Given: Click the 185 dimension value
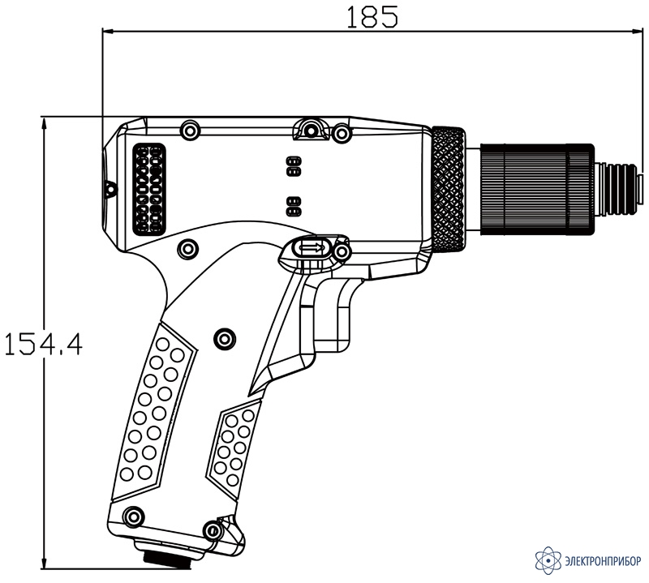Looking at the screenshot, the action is [372, 16].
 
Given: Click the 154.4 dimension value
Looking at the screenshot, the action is [43, 345].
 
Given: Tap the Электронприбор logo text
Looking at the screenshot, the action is [603, 560].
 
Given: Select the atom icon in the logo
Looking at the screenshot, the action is [548, 560].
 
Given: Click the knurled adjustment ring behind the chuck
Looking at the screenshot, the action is [448, 189].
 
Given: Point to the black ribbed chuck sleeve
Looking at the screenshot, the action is [537, 190].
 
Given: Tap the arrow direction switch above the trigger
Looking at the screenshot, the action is [312, 247].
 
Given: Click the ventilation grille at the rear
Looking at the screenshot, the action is [148, 189].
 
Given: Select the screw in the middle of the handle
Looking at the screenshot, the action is [225, 339].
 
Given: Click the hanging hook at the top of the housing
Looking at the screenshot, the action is [310, 129].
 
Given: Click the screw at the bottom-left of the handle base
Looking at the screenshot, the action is [134, 517].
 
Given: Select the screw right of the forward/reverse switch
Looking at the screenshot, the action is [342, 251].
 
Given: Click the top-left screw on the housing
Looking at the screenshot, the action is [190, 131].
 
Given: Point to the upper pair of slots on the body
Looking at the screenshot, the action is [294, 166].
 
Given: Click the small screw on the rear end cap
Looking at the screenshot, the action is [110, 189].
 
